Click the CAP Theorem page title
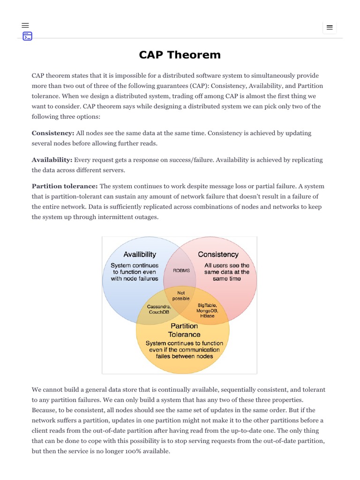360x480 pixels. (180, 55)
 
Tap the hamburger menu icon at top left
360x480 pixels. (25, 25)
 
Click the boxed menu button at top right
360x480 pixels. (330, 28)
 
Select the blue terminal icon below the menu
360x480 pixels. (28, 36)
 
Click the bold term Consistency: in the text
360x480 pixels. (53, 133)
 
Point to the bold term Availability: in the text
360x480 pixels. (52, 160)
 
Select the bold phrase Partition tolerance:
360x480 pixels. (65, 187)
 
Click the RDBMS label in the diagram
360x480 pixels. (181, 271)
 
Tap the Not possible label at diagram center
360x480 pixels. (181, 296)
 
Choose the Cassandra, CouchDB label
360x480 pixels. (159, 309)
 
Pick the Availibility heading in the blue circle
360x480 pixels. (140, 255)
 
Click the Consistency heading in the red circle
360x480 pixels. (218, 255)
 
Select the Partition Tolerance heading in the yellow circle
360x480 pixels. (184, 330)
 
